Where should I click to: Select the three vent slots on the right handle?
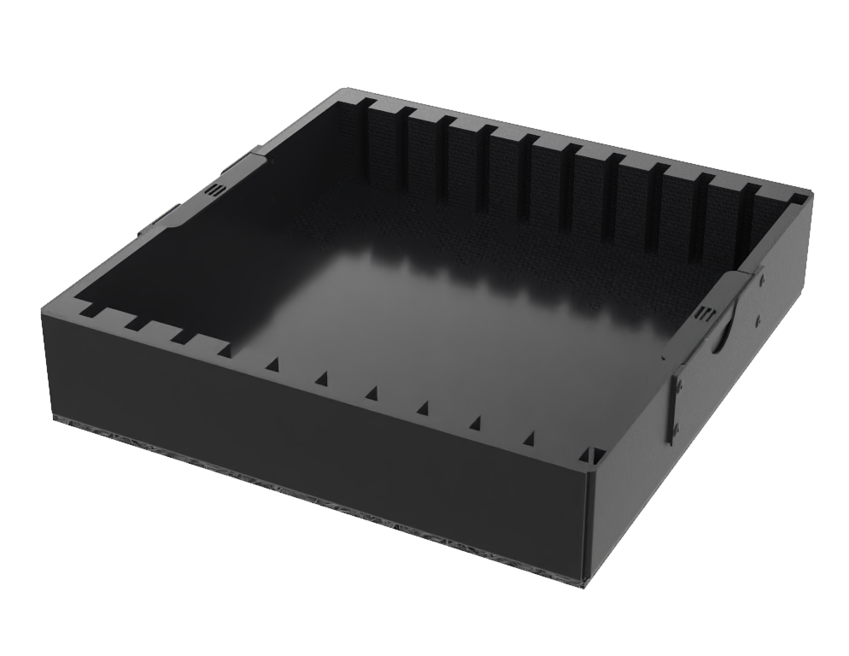[x=704, y=313]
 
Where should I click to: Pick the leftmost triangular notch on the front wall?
[x=272, y=365]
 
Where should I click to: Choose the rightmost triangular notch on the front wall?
[x=529, y=439]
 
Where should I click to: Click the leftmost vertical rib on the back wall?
[x=369, y=141]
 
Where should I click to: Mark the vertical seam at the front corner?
[x=585, y=521]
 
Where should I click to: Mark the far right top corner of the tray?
[x=809, y=195]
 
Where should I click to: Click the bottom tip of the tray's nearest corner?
[x=586, y=585]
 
